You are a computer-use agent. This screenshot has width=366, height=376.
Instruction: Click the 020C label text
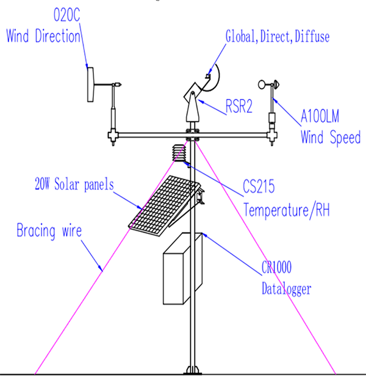pyautogui.click(x=66, y=15)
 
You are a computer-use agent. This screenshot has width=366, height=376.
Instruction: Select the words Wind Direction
pyautogui.click(x=43, y=36)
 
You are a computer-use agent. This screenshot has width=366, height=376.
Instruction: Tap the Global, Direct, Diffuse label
pyautogui.click(x=278, y=37)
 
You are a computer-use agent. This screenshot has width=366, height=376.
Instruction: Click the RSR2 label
pyautogui.click(x=239, y=106)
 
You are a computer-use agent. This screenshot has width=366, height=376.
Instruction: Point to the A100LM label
pyautogui.click(x=320, y=116)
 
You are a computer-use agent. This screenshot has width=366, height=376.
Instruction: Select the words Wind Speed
pyautogui.click(x=331, y=137)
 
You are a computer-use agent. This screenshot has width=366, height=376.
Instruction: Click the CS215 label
pyautogui.click(x=259, y=186)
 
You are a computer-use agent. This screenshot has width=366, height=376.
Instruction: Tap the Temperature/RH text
pyautogui.click(x=287, y=210)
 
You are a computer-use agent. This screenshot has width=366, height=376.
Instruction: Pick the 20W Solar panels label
pyautogui.click(x=74, y=184)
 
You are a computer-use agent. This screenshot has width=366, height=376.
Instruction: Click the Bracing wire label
pyautogui.click(x=49, y=231)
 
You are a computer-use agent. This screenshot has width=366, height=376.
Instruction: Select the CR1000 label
pyautogui.click(x=276, y=267)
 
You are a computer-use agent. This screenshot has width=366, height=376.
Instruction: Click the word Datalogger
pyautogui.click(x=287, y=289)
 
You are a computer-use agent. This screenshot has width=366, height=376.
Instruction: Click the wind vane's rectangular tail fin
pyautogui.click(x=90, y=85)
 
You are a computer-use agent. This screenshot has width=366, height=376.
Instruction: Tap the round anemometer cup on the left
pyautogui.click(x=262, y=85)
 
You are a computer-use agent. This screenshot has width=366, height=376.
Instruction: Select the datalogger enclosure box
pyautogui.click(x=182, y=269)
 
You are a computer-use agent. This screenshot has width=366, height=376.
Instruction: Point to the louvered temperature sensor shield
pyautogui.click(x=179, y=153)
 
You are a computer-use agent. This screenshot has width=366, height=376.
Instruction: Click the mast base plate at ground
pyautogui.click(x=193, y=370)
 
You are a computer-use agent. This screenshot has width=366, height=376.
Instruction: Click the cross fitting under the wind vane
pyautogui.click(x=113, y=136)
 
